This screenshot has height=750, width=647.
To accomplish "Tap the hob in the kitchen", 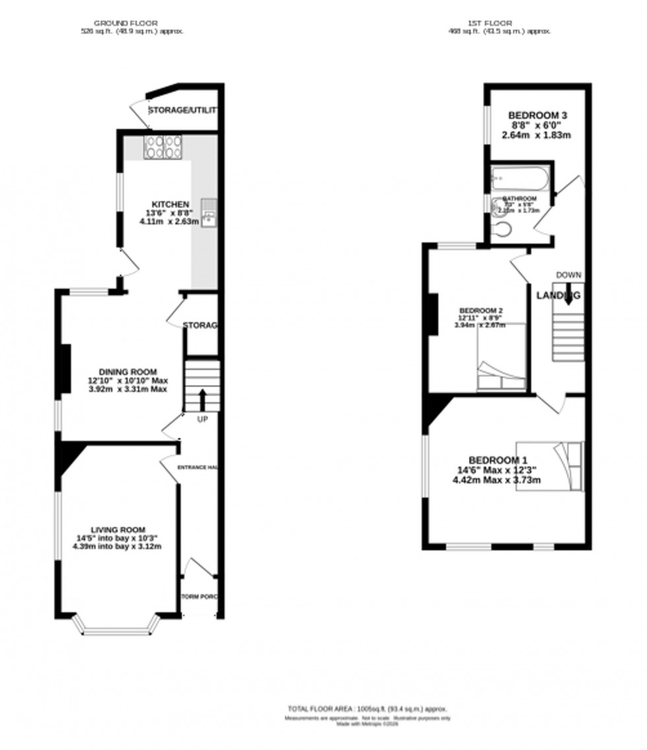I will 163,147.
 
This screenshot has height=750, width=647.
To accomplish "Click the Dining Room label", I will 128,372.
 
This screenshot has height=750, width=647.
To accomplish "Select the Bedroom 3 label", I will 537,116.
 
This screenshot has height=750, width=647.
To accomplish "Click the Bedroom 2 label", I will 481,311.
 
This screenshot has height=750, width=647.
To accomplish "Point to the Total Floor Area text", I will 367,708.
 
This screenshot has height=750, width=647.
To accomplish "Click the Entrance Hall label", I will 197,467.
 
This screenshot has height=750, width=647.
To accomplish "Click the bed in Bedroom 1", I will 551,465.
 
